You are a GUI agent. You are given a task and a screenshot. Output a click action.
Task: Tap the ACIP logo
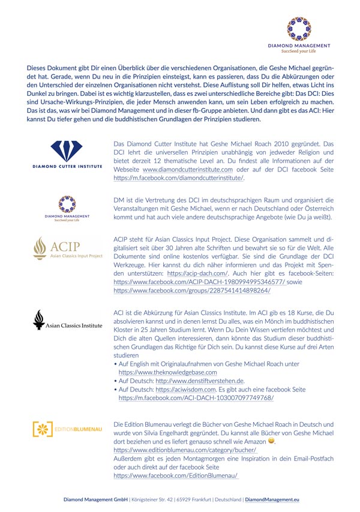(x=68, y=247)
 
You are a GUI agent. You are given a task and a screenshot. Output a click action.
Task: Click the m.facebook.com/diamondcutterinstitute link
(x=178, y=178)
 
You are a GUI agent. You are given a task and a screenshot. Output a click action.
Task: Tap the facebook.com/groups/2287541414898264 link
(x=191, y=290)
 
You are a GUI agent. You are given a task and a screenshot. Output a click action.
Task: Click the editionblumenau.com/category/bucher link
(x=185, y=450)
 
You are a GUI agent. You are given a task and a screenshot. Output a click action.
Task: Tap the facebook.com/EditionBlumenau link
(x=176, y=475)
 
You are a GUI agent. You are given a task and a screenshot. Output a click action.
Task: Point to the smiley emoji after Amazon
(x=271, y=441)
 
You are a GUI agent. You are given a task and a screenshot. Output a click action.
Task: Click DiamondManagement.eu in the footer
(x=272, y=499)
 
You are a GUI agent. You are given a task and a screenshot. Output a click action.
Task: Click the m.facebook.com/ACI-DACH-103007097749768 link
(x=196, y=397)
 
